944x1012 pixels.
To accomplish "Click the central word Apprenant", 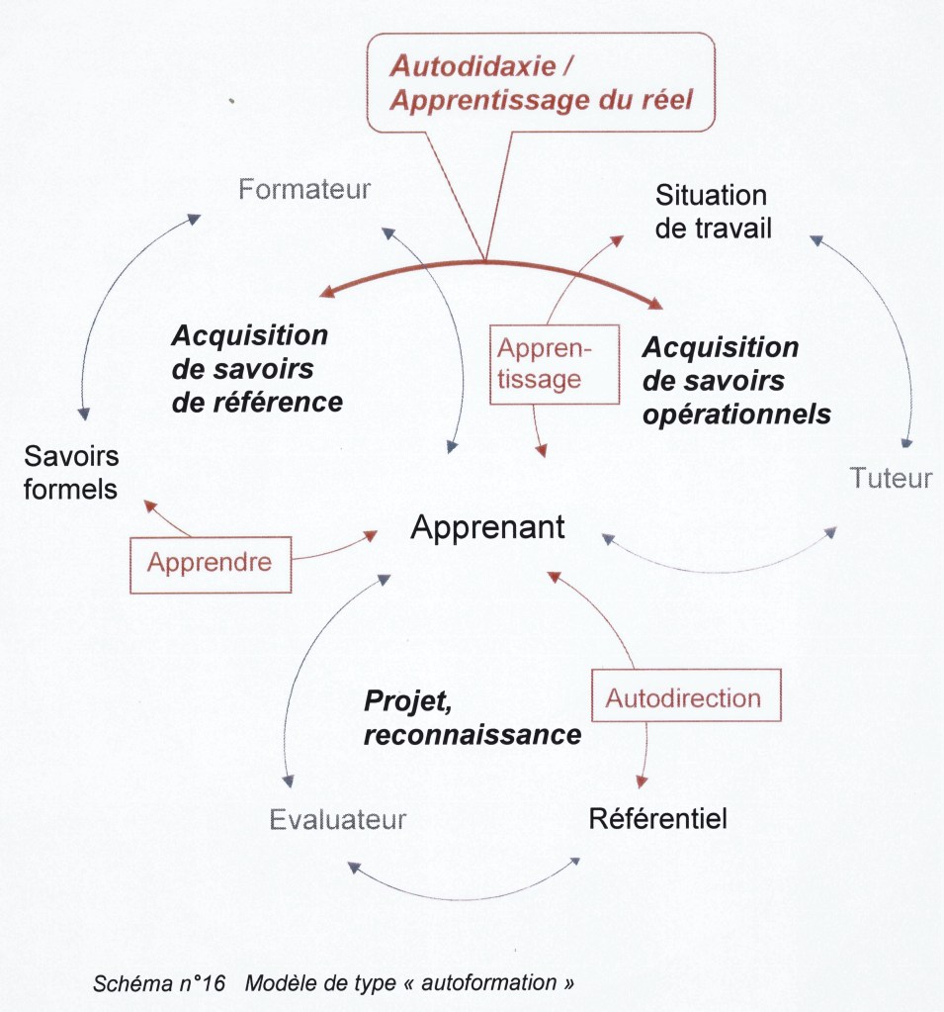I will pyautogui.click(x=487, y=527).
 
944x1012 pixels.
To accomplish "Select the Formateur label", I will pyautogui.click(x=304, y=189).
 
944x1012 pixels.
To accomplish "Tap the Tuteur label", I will pyautogui.click(x=890, y=479).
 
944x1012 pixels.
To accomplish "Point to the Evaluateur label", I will pyautogui.click(x=338, y=820).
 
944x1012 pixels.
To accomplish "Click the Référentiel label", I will pyautogui.click(x=657, y=819).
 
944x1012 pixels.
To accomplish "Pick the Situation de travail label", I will pyautogui.click(x=713, y=211).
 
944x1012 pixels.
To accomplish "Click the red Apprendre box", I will pyautogui.click(x=210, y=563).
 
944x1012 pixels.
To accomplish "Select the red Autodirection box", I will pyautogui.click(x=683, y=698).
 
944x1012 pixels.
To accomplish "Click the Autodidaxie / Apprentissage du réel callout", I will pyautogui.click(x=540, y=82).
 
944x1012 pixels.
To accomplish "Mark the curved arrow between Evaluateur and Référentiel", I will pyautogui.click(x=464, y=893).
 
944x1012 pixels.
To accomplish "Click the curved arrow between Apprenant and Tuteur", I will pyautogui.click(x=720, y=566).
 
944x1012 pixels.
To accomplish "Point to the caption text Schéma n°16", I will pyautogui.click(x=159, y=983).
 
